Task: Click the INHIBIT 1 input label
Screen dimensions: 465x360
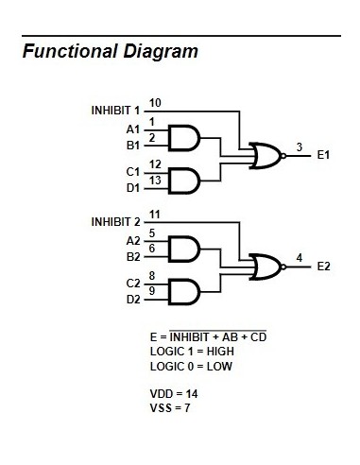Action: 115,111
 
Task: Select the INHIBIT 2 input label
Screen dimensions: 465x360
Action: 115,222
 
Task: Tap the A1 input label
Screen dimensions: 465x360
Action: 132,129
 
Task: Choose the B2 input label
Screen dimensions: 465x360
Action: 132,256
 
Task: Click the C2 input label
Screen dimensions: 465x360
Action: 132,282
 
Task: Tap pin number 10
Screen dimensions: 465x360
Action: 155,102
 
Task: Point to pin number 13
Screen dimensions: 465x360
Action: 155,180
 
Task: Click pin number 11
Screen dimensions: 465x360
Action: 155,214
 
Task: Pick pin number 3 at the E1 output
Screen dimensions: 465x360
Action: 299,147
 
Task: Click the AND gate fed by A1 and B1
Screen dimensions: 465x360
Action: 182,138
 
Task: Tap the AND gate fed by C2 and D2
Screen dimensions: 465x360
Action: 182,286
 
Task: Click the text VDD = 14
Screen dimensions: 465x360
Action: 174,392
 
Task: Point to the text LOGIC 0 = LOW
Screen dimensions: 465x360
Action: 191,365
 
